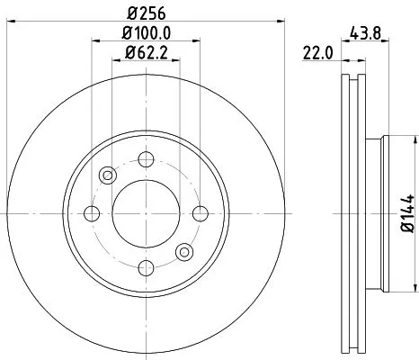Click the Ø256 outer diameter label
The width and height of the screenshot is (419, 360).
pos(143,14)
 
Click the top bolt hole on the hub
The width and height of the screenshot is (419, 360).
pos(144,160)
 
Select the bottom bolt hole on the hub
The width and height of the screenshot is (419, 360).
pos(144,265)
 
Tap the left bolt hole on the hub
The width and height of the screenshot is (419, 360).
pos(91,213)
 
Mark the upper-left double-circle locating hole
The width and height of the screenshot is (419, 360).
pos(107,175)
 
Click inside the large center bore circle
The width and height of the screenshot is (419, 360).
pos(144,213)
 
